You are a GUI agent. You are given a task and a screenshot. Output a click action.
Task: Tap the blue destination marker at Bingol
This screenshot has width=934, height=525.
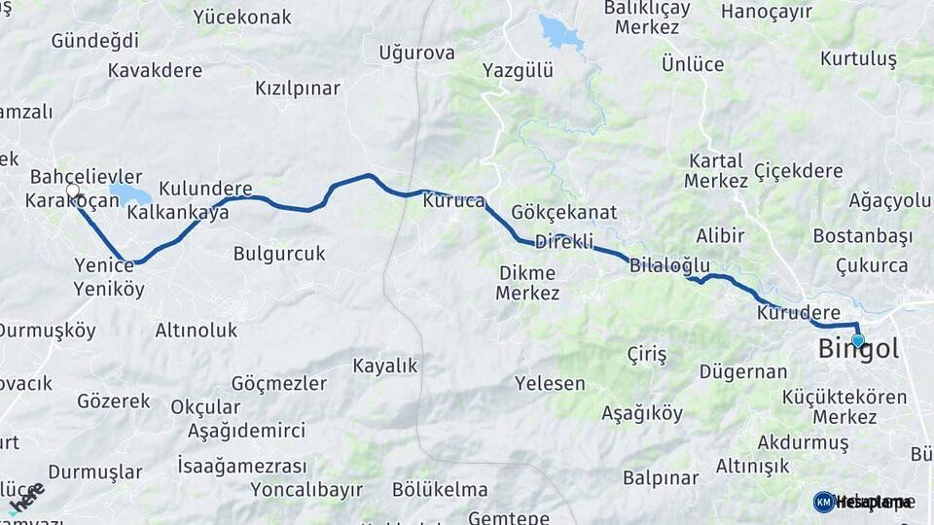pos(858,340)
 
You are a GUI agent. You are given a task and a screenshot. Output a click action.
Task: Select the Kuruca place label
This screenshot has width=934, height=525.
pos(453,202)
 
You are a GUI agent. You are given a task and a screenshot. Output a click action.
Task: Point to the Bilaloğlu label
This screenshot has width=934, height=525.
pos(669,264)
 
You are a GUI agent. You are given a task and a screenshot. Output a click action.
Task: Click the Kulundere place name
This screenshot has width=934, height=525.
pos(205,189)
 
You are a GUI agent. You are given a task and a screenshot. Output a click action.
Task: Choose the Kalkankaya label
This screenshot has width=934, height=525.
pos(178,212)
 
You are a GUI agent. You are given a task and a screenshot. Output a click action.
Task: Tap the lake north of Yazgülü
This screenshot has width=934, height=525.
pos(561,34)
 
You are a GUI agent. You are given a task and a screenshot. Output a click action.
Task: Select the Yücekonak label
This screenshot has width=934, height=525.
pos(242,17)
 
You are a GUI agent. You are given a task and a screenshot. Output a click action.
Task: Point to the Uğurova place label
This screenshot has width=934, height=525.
pos(416,52)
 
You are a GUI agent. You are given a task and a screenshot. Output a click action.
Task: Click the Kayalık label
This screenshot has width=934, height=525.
pos(384,366)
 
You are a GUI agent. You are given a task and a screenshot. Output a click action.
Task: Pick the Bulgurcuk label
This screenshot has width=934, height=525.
pos(279,254)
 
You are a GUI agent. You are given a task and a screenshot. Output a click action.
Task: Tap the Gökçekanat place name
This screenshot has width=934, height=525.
pos(563,212)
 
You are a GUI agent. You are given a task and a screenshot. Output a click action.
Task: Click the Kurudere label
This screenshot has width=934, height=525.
pos(798,313)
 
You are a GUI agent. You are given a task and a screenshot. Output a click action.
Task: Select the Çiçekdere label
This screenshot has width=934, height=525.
pos(798,171)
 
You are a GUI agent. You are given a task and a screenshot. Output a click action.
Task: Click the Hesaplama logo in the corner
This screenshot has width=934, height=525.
pos(863,502)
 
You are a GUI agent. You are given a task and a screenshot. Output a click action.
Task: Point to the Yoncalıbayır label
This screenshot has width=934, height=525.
pos(306,489)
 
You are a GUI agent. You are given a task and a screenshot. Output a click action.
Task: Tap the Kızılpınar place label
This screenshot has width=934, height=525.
pos(298,88)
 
